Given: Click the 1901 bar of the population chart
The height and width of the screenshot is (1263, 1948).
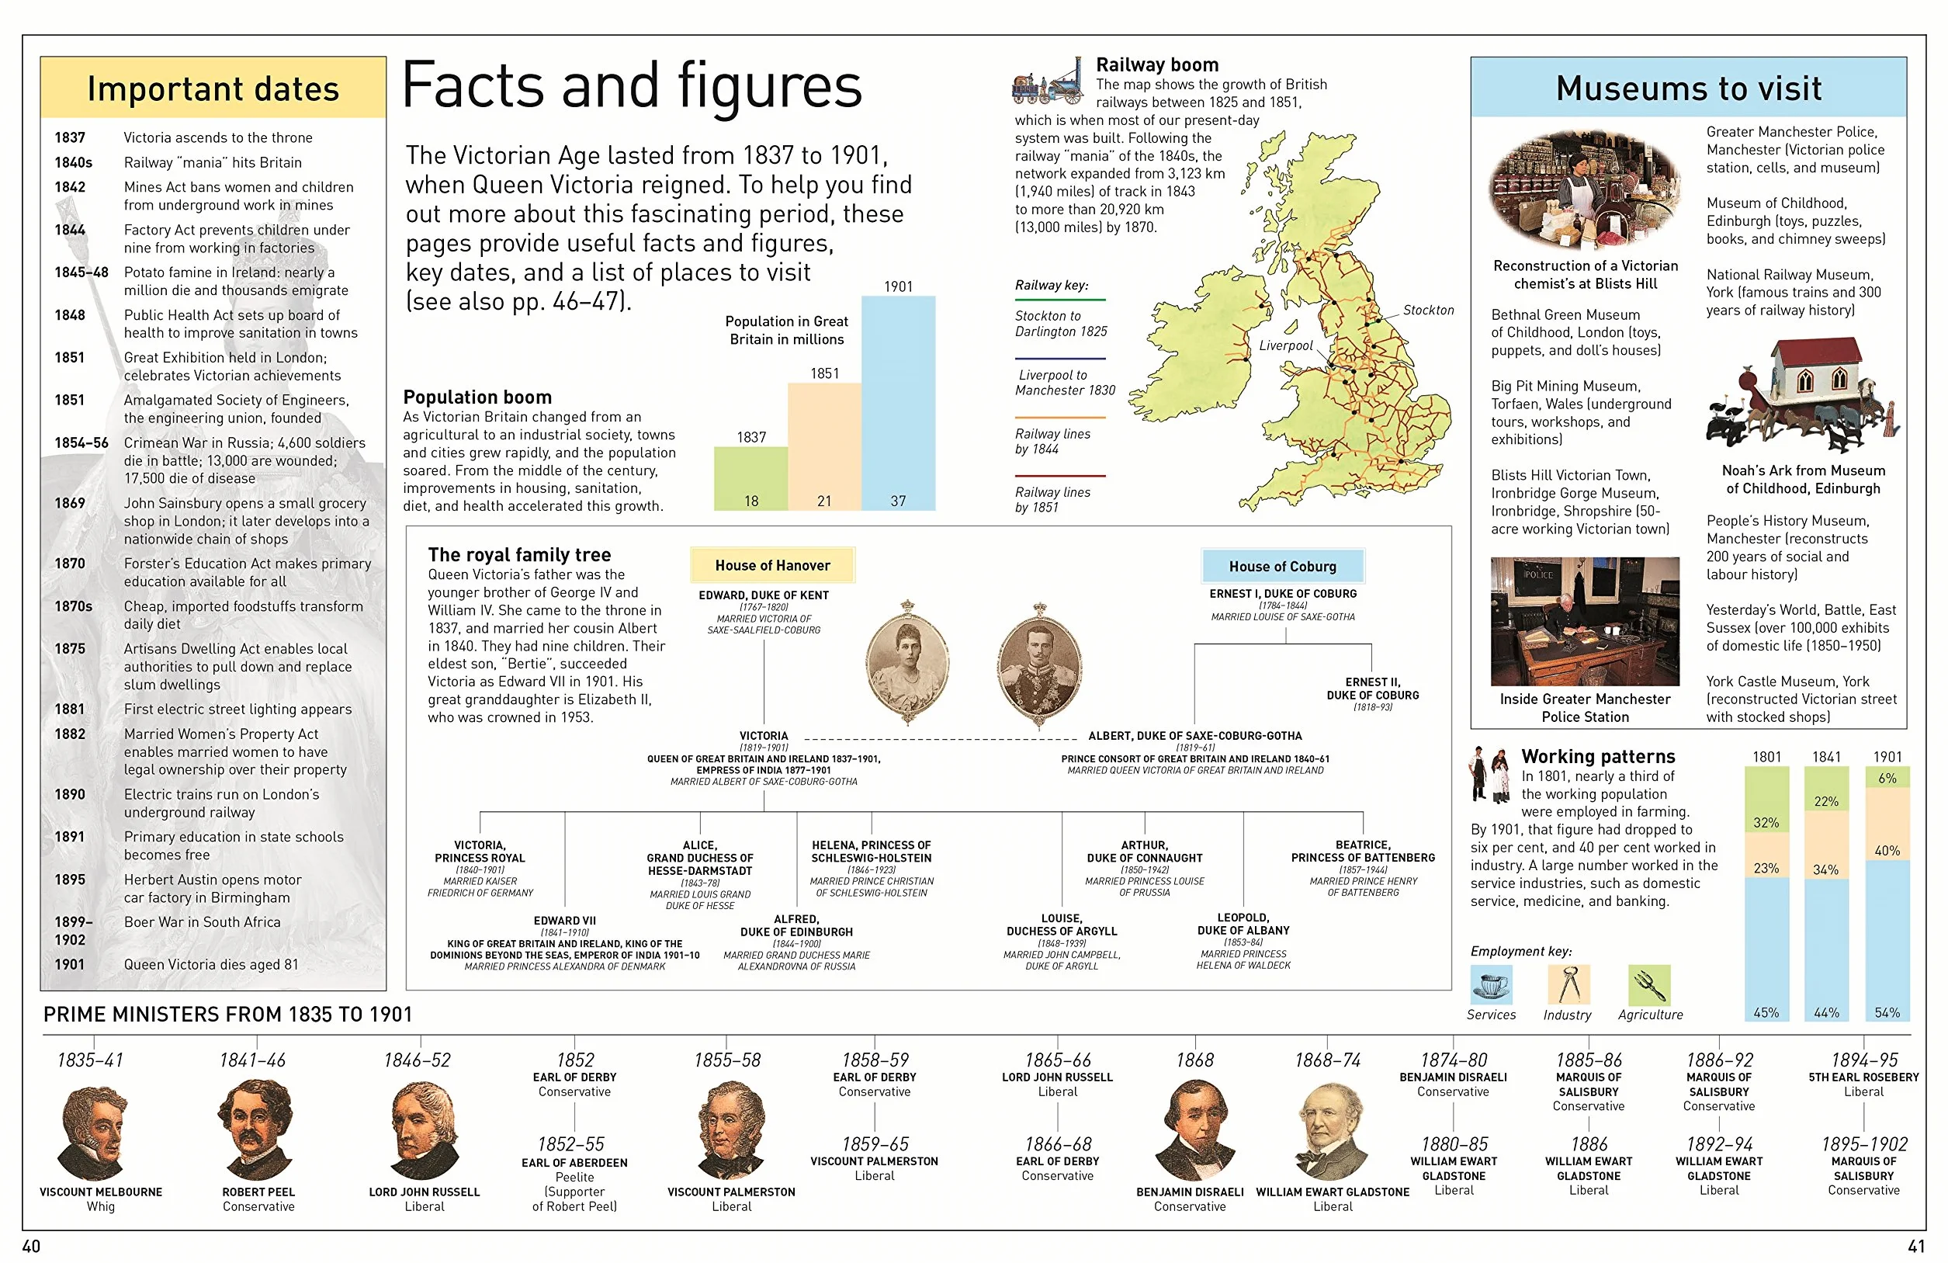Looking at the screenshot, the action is pyautogui.click(x=898, y=403).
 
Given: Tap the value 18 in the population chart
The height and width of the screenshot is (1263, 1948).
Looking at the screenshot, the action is pyautogui.click(x=750, y=501).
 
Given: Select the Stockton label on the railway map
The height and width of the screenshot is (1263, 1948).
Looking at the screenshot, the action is pyautogui.click(x=1428, y=310).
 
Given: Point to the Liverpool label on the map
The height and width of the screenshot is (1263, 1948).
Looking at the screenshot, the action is pyautogui.click(x=1285, y=345).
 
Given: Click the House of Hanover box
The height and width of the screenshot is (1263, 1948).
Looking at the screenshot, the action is pyautogui.click(x=773, y=565).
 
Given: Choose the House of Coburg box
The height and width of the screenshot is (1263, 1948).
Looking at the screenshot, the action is pyautogui.click(x=1283, y=566).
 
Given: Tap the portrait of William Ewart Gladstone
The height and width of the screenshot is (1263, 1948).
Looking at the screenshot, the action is pyautogui.click(x=1332, y=1132).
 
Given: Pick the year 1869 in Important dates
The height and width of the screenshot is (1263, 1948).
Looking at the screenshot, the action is pyautogui.click(x=70, y=502).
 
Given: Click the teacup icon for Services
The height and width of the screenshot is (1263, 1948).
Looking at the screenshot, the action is pyautogui.click(x=1492, y=984).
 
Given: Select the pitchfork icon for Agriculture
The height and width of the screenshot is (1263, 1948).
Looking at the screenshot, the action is pyautogui.click(x=1649, y=984).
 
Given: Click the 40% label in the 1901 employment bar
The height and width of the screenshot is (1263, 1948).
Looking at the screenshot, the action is pyautogui.click(x=1887, y=851).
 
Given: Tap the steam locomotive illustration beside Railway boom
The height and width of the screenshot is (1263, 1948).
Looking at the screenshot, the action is pyautogui.click(x=1048, y=80).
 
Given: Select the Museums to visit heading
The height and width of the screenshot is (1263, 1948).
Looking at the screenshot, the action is pyautogui.click(x=1689, y=88).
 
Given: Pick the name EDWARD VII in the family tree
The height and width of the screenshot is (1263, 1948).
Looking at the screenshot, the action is pyautogui.click(x=565, y=920).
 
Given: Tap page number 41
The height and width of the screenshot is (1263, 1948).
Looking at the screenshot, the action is pyautogui.click(x=1916, y=1246).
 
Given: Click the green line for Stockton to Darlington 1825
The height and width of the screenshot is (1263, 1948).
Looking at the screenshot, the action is pyautogui.click(x=1060, y=300).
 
